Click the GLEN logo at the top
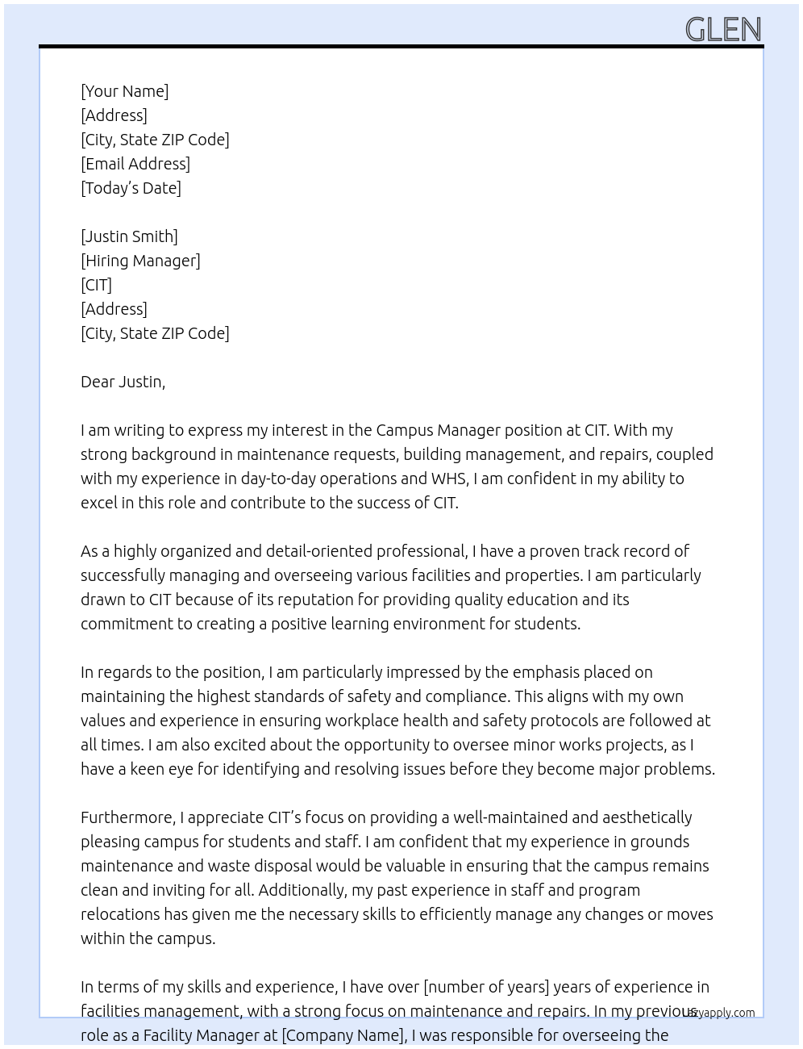(723, 30)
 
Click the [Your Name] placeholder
(124, 91)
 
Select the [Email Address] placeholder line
(135, 164)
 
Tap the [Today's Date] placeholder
(131, 188)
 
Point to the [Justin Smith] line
(129, 236)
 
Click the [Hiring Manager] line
(140, 261)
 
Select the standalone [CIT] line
(96, 285)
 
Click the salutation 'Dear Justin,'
(123, 382)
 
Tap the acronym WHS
(449, 479)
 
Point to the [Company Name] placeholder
(343, 1035)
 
